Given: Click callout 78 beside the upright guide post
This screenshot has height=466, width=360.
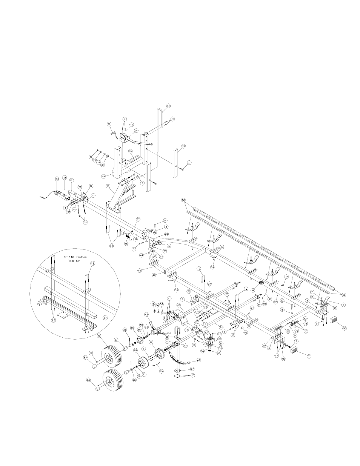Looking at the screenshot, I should click(183, 146).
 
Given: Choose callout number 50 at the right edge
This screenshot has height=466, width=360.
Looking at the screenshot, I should click(345, 329).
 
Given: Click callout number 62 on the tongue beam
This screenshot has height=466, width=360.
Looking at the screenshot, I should click(138, 219).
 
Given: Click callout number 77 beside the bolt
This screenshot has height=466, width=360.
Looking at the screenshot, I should click(189, 163).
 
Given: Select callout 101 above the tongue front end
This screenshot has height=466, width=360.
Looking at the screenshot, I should click(71, 180).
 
